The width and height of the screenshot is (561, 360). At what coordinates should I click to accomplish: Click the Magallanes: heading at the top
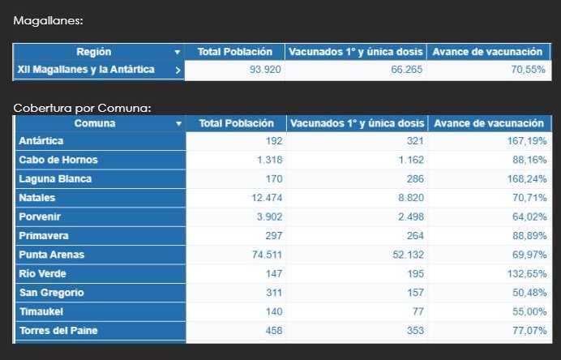[48, 20]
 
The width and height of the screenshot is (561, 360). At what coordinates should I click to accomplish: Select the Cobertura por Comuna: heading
[82, 107]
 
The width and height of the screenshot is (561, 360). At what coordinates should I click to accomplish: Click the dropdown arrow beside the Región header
[178, 52]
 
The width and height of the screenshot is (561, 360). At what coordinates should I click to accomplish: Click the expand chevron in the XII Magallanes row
[178, 70]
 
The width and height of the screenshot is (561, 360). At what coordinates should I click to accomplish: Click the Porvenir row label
[40, 216]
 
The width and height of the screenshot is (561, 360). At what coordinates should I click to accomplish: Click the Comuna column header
[95, 123]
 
